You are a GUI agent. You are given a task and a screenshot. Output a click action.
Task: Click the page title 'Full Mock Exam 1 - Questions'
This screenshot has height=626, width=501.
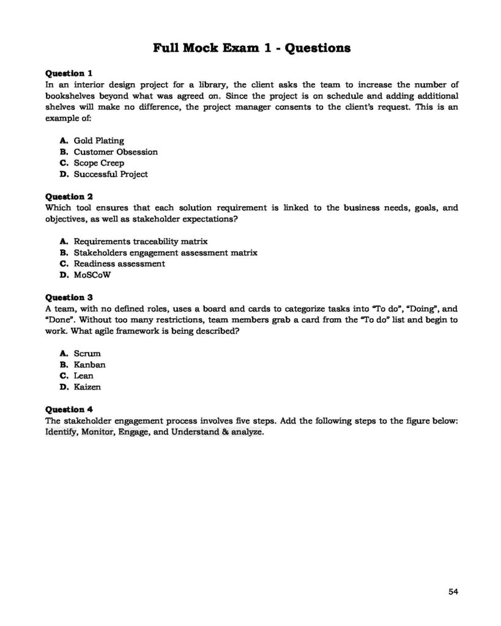coord(251,48)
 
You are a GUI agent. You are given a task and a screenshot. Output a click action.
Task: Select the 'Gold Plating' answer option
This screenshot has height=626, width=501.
coord(98,141)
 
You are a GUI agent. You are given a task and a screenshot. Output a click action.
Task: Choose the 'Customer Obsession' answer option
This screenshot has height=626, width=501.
coord(116,152)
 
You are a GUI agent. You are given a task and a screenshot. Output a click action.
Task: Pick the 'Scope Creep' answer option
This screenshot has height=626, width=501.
coord(98,163)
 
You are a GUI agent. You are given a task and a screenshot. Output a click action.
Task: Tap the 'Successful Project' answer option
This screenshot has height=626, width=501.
coord(110,174)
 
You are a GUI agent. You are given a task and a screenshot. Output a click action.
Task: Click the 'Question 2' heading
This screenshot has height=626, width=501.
coord(69,197)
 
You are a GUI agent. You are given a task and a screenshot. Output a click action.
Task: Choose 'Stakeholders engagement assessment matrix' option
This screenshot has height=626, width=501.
coord(165,252)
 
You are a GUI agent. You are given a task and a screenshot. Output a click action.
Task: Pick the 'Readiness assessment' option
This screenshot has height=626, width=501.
coord(119,263)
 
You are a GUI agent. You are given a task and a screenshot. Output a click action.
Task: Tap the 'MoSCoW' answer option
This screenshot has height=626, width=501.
coord(92,275)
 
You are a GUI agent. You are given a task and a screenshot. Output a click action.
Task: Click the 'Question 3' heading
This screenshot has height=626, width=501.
coord(69,298)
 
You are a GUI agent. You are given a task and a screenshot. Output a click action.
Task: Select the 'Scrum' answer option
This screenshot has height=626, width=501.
coord(87,353)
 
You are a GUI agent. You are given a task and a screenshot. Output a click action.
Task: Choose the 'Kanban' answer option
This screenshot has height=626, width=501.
coord(89,365)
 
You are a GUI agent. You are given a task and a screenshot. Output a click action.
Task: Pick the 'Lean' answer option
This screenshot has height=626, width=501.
coord(84,376)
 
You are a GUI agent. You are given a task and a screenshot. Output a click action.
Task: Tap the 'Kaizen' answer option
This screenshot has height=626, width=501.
coord(87,387)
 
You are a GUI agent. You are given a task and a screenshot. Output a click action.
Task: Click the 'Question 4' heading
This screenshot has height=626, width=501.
coord(69,410)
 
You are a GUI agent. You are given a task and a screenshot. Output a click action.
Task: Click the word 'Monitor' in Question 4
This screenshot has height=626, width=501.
coord(97,432)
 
